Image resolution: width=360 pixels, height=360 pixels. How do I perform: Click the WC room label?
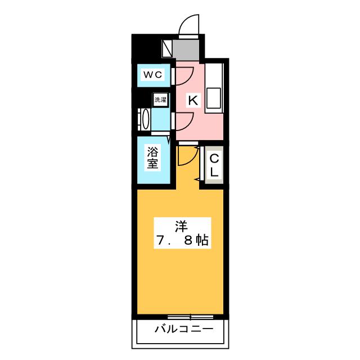152,75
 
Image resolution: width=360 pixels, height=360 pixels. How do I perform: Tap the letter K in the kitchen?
193,100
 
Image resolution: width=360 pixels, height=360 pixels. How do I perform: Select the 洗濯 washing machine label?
160,100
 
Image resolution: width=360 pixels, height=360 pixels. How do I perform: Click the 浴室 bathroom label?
152,157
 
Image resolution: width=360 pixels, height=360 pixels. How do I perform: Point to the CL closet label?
214,165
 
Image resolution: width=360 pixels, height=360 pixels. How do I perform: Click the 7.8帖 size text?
182,240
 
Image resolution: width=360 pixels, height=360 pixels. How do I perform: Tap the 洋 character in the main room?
182,226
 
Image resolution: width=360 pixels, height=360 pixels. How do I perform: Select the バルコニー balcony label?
184,329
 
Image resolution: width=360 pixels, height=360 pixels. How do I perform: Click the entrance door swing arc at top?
184,20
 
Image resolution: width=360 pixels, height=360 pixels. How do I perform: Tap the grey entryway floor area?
186,50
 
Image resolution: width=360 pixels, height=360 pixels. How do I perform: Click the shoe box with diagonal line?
167,49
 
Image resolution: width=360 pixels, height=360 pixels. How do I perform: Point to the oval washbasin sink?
145,120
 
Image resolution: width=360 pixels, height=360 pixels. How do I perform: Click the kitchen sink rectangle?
214,98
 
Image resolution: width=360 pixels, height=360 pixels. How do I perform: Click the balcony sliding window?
190,317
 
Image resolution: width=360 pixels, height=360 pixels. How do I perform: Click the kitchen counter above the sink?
214,75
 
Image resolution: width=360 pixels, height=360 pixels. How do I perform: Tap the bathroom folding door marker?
169,139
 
